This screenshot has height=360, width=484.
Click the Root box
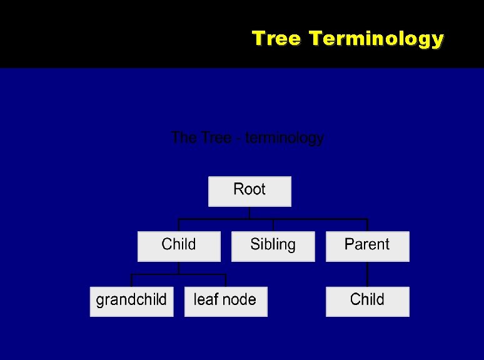[x=250, y=191]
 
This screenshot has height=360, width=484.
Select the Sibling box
[x=273, y=246]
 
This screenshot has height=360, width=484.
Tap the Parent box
[x=367, y=246]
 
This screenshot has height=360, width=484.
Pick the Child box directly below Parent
[x=367, y=301]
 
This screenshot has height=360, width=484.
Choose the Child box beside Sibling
[x=179, y=246]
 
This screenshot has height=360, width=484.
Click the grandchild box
[x=131, y=301]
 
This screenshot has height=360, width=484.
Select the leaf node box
[x=226, y=301]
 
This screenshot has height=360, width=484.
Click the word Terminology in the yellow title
[x=376, y=39]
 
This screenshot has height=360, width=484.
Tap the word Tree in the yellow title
[x=277, y=39]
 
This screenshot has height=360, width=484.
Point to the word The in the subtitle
[x=184, y=137]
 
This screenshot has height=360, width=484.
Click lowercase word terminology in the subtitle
[x=285, y=137]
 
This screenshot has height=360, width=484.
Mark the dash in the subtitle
[x=239, y=138]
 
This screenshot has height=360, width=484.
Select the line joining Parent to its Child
[x=367, y=274]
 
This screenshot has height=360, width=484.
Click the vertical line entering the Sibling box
[x=273, y=226]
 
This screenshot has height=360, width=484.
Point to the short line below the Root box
[x=250, y=212]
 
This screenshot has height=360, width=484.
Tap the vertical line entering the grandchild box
[x=131, y=281]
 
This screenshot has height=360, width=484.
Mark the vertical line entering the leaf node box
[x=226, y=281]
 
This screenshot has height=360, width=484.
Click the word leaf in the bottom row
[x=205, y=300]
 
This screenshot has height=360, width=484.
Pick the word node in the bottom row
[x=239, y=300]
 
